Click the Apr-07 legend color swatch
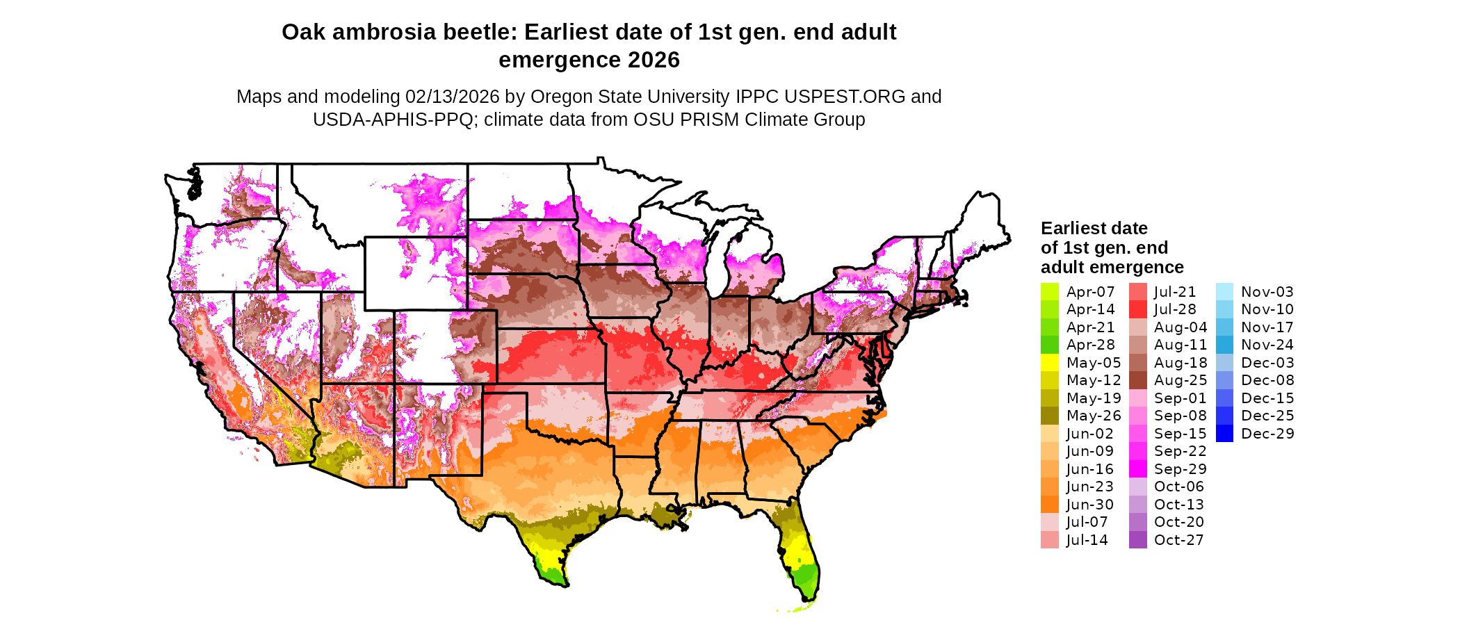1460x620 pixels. click(1049, 292)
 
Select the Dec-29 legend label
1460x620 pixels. click(1267, 434)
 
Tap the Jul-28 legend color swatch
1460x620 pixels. click(1137, 309)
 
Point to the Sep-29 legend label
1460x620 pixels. click(1180, 469)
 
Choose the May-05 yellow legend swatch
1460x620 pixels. click(1049, 363)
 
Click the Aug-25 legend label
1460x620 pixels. click(1180, 380)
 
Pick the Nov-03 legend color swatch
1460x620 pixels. click(1224, 292)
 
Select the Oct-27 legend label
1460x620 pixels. click(1178, 540)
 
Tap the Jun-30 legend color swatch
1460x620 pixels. click(1049, 505)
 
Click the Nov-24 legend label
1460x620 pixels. click(1267, 345)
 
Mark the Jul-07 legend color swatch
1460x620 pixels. click(1049, 522)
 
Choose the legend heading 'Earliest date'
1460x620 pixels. click(1094, 228)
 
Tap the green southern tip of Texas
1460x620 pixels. click(554, 576)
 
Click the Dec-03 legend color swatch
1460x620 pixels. click(1224, 363)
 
